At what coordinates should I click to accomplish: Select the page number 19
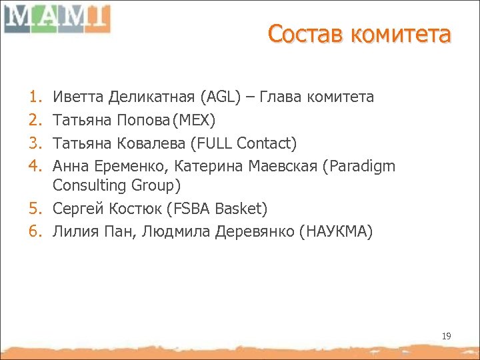click(x=446, y=336)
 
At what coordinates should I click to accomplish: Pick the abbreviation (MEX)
click(x=193, y=121)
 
